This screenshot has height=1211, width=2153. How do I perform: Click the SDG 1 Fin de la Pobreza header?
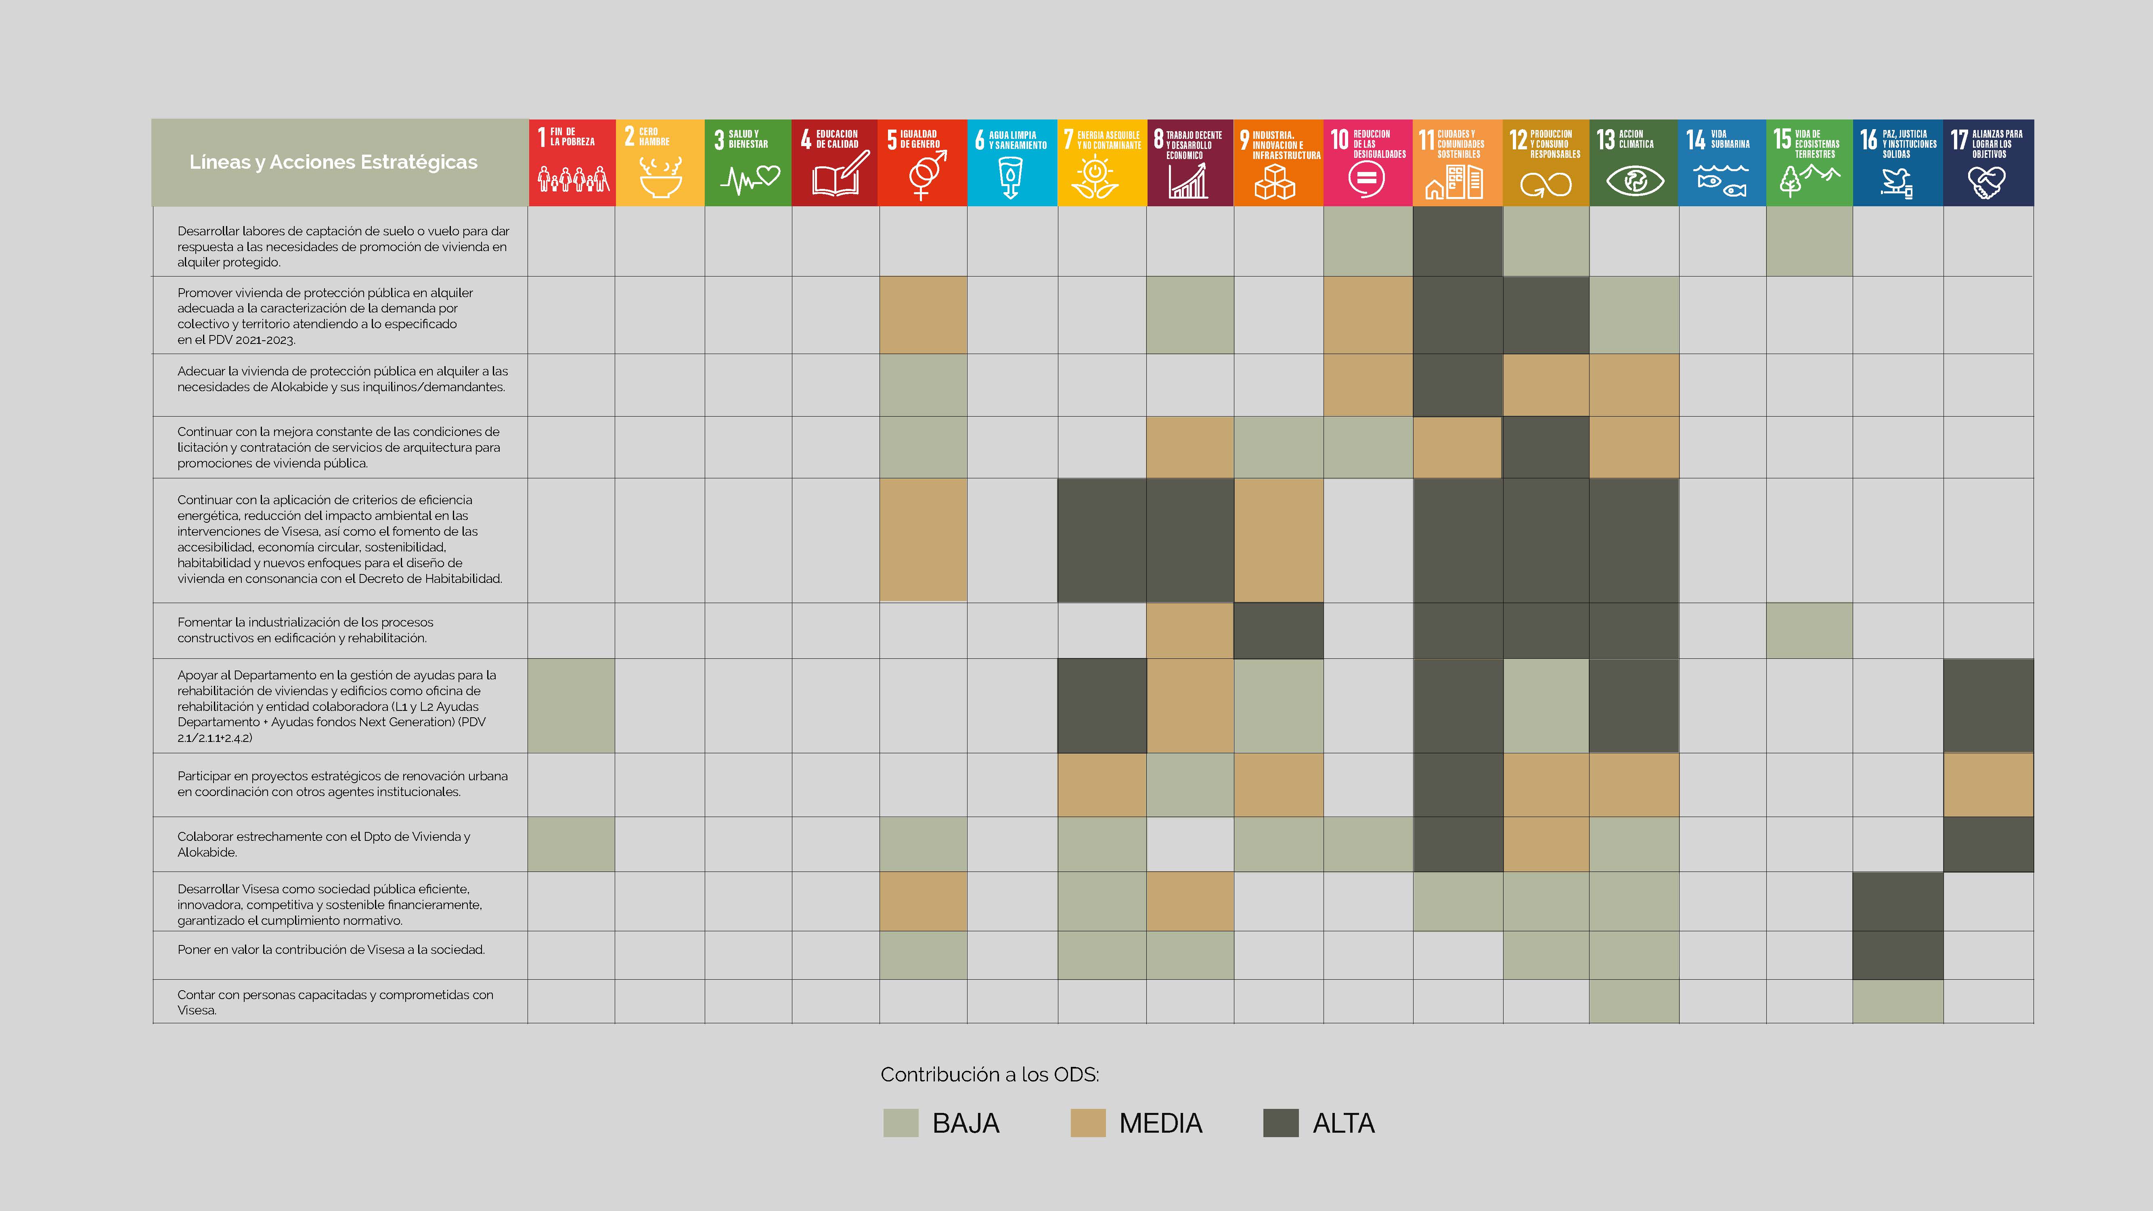click(572, 162)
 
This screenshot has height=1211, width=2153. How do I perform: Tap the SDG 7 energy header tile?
click(1102, 162)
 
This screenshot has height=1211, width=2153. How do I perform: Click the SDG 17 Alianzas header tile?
click(1988, 162)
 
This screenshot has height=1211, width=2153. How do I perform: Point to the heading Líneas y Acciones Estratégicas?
click(333, 162)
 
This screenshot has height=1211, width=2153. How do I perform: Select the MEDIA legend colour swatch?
click(1087, 1123)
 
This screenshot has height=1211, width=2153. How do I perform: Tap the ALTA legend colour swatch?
click(1280, 1123)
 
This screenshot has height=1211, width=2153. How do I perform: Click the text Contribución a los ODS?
click(990, 1075)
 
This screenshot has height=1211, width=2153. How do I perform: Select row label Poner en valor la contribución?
click(331, 949)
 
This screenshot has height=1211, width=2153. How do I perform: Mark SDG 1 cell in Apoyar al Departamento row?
click(572, 705)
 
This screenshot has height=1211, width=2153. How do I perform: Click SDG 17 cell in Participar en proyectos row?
click(1988, 785)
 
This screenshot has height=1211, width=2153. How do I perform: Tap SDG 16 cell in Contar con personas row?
click(1897, 1001)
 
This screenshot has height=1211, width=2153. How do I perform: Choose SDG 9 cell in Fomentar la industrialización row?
click(1278, 630)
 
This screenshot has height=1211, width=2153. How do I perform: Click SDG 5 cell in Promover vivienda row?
click(923, 315)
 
